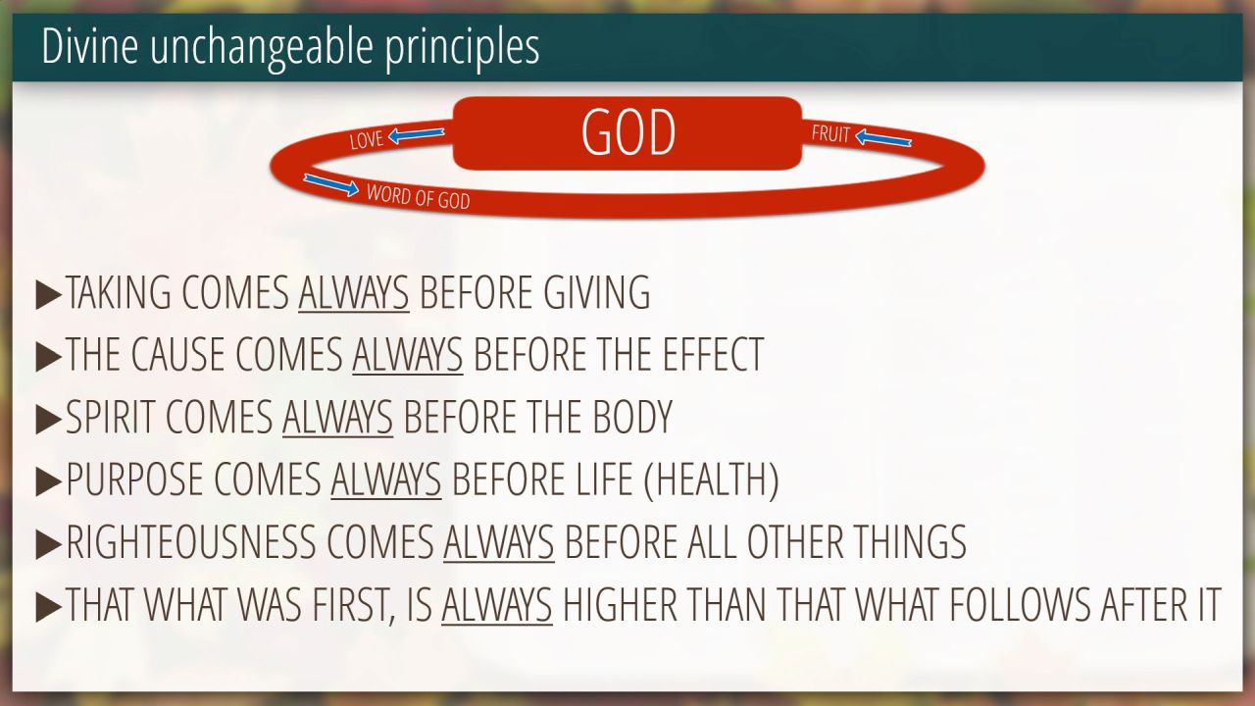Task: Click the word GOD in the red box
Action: [628, 132]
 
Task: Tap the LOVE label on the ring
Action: [367, 140]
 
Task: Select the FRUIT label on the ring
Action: [830, 134]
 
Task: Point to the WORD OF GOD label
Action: [418, 197]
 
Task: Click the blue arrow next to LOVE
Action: [416, 134]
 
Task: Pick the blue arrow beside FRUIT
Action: [883, 138]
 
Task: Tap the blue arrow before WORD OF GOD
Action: [330, 185]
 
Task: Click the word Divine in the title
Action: [89, 46]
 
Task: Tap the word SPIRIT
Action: [111, 417]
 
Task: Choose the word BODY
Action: [632, 417]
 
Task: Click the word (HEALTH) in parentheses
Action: [712, 480]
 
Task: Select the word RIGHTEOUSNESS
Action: [191, 542]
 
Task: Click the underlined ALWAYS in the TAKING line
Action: [354, 292]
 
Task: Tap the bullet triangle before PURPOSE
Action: [48, 480]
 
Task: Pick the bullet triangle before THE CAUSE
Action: [48, 355]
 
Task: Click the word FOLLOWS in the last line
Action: [1020, 605]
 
